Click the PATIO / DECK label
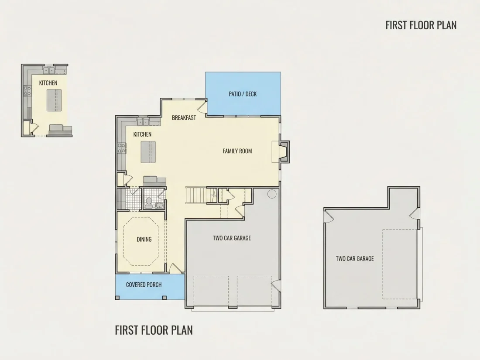pos(243,94)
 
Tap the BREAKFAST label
pos(184,118)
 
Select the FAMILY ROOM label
pos(237,151)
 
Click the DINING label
pos(144,240)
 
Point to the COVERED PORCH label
pos(144,285)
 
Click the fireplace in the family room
pos(281,151)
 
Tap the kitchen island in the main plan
pos(148,152)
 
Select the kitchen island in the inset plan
pos(54,100)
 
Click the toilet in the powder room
pos(149,203)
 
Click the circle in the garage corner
pos(272,194)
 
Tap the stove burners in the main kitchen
pos(122,148)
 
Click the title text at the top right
pos(421,25)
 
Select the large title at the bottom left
pos(154,330)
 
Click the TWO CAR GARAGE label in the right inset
pos(355,259)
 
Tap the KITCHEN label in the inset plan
pos(48,83)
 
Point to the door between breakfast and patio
pos(202,106)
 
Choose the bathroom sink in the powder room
pos(159,205)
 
